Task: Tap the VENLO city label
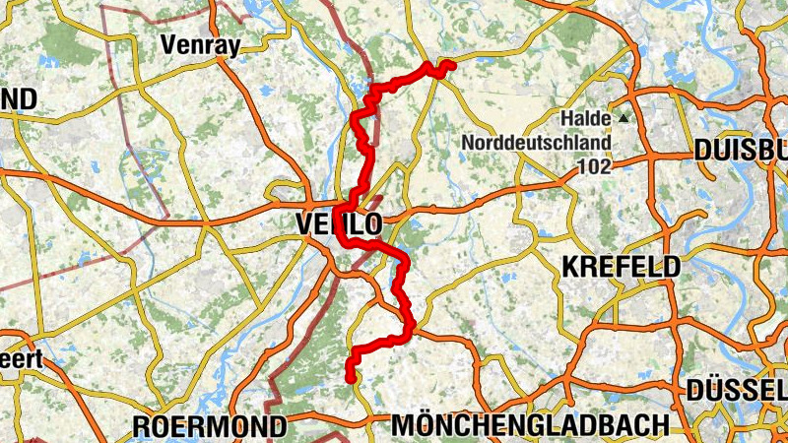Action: pos(338,225)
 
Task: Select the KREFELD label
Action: pos(621,267)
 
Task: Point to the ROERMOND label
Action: pos(209,427)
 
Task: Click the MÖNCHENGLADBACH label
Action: pos(530,426)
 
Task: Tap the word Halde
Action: pos(586,118)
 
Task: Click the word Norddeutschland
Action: pos(536,143)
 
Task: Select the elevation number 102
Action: pos(594,166)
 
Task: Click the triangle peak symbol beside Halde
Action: pos(623,118)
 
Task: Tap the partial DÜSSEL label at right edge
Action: pos(737,391)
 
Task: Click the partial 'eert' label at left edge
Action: pos(20,359)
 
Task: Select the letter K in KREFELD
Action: pos(569,267)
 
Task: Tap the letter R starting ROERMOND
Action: pos(140,427)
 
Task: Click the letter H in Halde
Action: pos(566,118)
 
